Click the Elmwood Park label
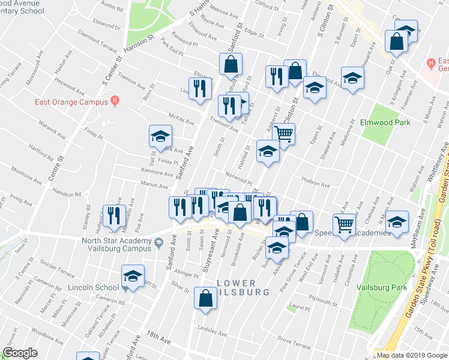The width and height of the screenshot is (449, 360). pos(385,123)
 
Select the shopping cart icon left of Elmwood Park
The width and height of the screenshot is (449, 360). pos(283,134)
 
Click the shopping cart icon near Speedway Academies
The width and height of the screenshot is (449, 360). pos(344,224)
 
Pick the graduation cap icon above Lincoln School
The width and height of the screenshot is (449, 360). pos(133,276)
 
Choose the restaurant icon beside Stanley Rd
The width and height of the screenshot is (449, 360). pos(114,216)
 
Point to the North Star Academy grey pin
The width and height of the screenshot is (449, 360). pos(158,243)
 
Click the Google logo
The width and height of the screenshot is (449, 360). pos(20,353)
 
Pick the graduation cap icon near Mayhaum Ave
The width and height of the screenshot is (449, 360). pos(397,221)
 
